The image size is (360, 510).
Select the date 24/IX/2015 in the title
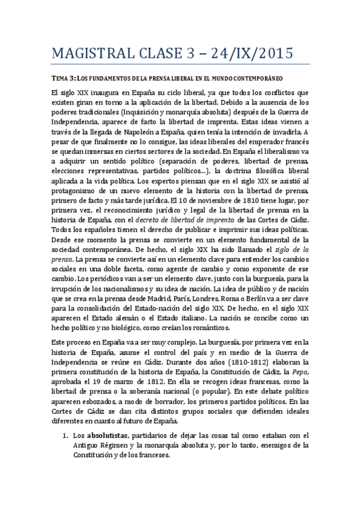pyautogui.click(x=251, y=54)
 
